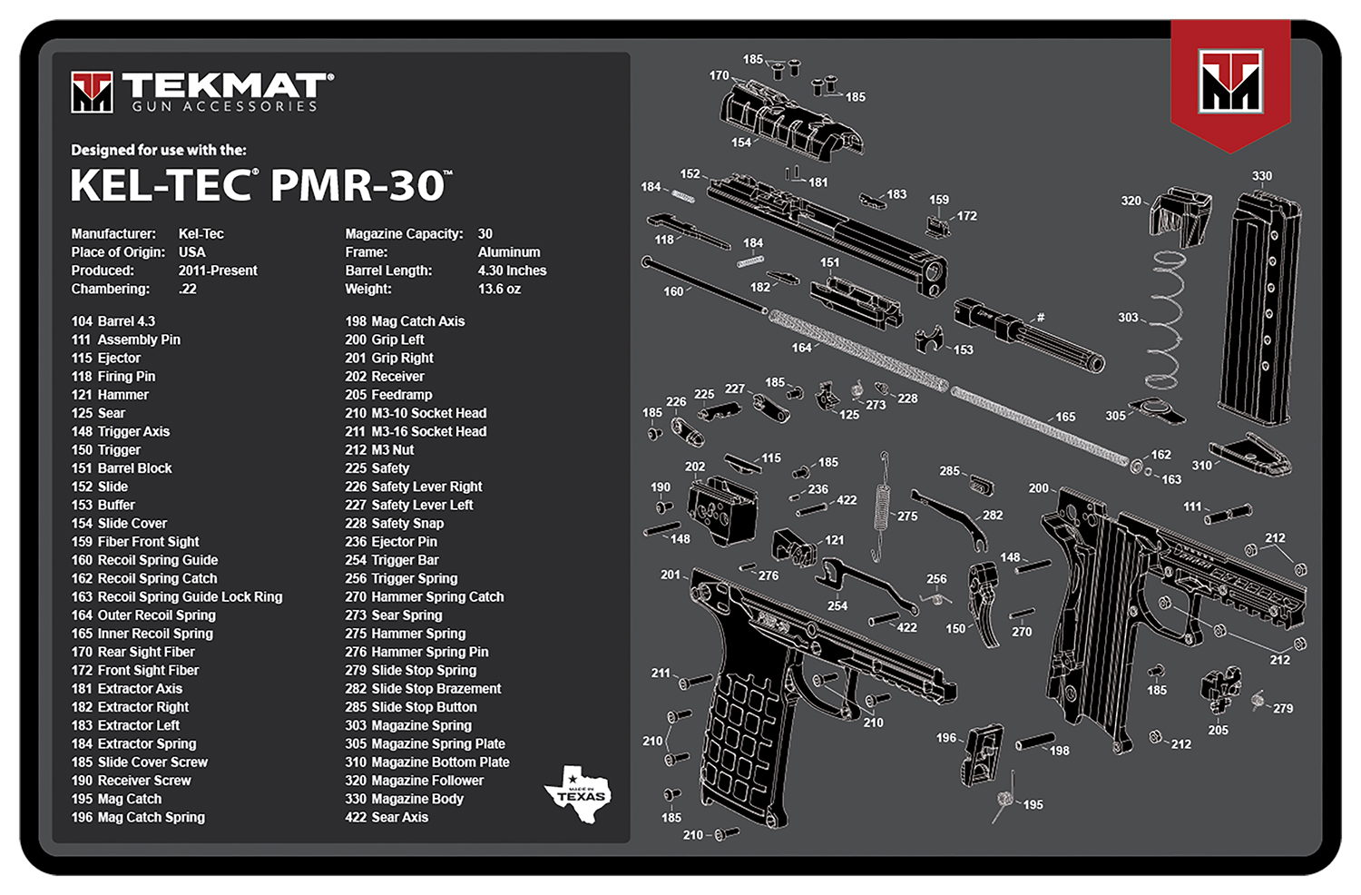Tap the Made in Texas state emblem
tap(578, 793)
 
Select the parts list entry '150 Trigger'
tap(106, 450)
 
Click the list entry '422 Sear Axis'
tap(387, 817)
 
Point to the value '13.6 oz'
tap(499, 289)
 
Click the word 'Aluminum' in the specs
tap(509, 252)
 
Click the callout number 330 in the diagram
tap(1262, 176)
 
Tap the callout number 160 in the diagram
tap(673, 291)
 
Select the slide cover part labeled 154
tap(789, 118)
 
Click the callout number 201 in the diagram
tap(670, 575)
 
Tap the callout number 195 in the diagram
tap(1033, 804)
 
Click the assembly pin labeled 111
tap(1229, 514)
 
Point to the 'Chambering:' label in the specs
tap(111, 289)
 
